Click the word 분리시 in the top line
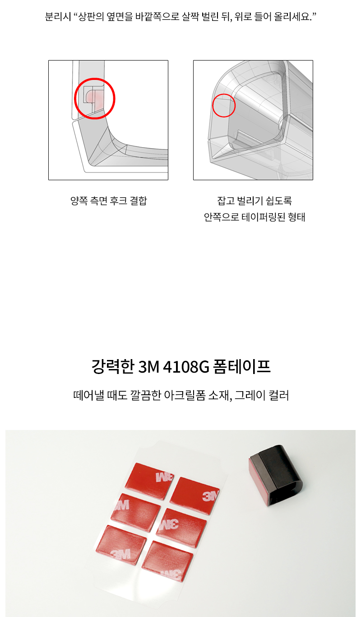tap(56, 17)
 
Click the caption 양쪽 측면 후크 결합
tap(108, 201)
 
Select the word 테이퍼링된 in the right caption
tap(259, 217)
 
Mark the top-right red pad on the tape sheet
tap(195, 495)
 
